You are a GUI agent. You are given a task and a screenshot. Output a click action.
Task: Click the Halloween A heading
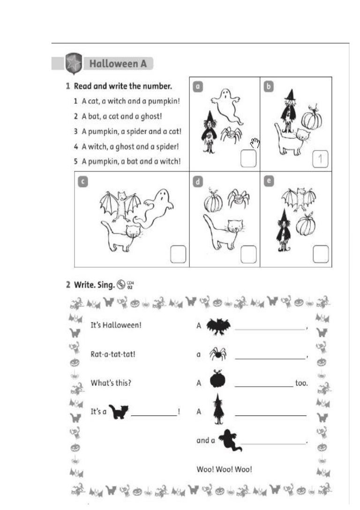118,63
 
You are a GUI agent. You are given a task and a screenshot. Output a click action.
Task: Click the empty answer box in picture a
248,159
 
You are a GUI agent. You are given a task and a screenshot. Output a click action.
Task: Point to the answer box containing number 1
320,159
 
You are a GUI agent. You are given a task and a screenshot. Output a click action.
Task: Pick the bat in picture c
120,205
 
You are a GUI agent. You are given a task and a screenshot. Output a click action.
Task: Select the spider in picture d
239,198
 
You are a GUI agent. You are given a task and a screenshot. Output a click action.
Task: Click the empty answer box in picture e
321,254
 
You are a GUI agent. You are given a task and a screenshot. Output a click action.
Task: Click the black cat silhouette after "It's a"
119,411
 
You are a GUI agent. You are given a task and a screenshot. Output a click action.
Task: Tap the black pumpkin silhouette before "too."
217,380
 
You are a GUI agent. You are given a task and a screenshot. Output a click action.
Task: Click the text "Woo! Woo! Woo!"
224,469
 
